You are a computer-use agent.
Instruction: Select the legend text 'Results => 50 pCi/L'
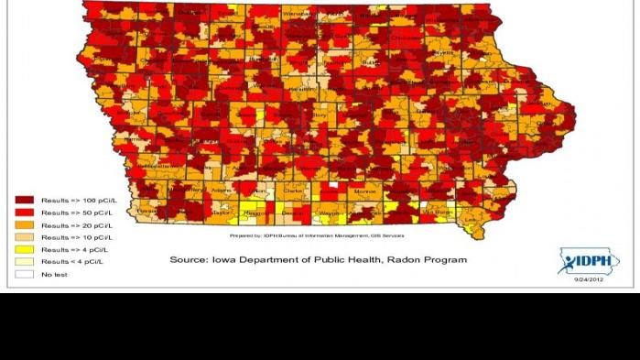click(78, 212)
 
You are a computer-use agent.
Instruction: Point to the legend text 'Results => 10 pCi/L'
click(78, 237)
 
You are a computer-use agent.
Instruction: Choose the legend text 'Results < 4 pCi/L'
click(76, 262)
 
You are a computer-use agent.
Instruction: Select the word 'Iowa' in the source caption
click(229, 260)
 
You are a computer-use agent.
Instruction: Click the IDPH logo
click(588, 262)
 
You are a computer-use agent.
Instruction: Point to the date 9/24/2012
click(588, 280)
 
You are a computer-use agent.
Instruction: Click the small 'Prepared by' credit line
click(316, 235)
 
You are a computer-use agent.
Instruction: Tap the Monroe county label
click(364, 191)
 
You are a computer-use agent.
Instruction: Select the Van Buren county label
click(432, 212)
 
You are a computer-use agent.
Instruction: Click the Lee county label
click(471, 220)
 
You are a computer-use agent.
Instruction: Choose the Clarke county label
click(295, 191)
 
